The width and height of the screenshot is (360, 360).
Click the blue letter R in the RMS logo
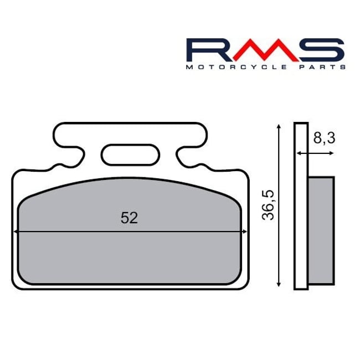[203, 50]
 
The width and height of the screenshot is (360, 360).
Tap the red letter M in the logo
[259, 50]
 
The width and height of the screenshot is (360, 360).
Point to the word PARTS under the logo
[322, 66]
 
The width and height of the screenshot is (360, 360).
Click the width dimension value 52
[129, 218]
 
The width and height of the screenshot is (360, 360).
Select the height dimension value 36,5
[269, 204]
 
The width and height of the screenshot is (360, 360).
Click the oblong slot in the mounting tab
[129, 153]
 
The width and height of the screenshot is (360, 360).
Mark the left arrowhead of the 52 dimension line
[17, 232]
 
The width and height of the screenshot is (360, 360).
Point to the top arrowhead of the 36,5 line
[279, 127]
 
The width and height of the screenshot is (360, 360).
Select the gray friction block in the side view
[321, 229]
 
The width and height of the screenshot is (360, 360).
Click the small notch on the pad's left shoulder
[54, 166]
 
